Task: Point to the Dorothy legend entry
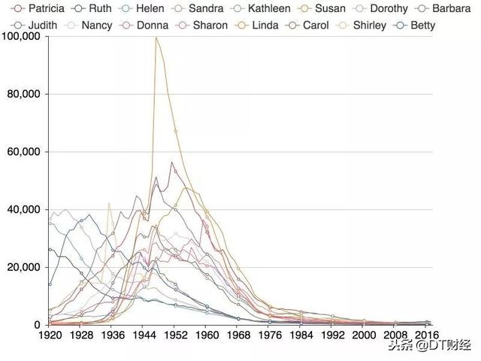click(383, 9)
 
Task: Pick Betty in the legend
click(420, 25)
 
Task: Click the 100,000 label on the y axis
click(23, 37)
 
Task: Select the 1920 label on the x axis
click(49, 334)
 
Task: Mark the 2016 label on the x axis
click(426, 334)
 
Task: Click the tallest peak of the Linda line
click(156, 38)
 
